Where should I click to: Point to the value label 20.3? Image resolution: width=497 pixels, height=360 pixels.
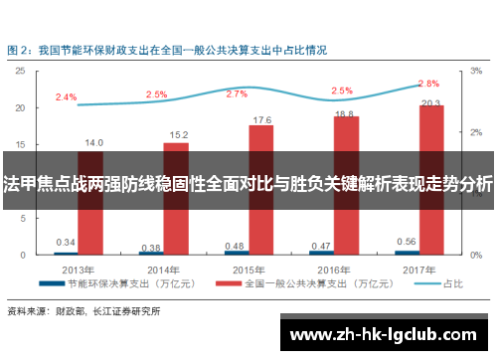[x=431, y=102]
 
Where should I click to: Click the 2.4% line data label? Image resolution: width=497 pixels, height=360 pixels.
[x=67, y=96]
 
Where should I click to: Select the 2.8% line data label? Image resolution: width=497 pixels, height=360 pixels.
[x=428, y=83]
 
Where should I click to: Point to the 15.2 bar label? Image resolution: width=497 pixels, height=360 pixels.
[x=179, y=134]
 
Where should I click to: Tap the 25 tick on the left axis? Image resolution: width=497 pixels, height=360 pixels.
[x=22, y=72]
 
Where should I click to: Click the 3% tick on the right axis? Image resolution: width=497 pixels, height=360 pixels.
[x=476, y=72]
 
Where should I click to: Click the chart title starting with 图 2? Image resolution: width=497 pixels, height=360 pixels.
[x=153, y=48]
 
